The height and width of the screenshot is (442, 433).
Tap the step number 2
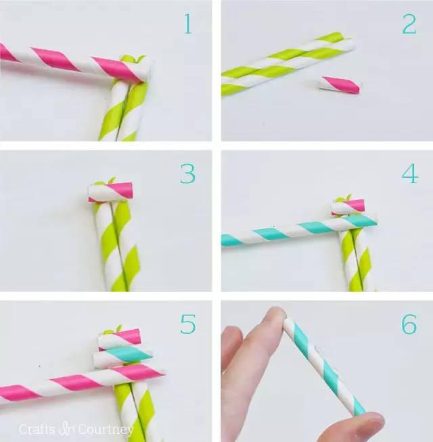pos(409,24)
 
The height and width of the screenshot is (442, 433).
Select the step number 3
pos(187,174)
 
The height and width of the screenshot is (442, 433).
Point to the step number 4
pos(409,174)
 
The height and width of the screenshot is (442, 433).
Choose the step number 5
pos(188,324)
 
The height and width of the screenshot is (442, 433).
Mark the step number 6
pos(409,324)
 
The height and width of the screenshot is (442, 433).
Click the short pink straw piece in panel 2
pos(340,85)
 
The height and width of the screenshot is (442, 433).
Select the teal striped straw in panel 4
pos(299,230)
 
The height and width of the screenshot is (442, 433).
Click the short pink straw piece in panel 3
pos(111,192)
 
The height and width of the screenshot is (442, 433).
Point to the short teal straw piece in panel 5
pos(122,357)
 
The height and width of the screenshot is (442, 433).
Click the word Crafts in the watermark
pos(37,429)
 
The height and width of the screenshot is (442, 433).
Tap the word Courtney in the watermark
pos(106,430)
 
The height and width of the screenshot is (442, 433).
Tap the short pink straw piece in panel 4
pos(348,207)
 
